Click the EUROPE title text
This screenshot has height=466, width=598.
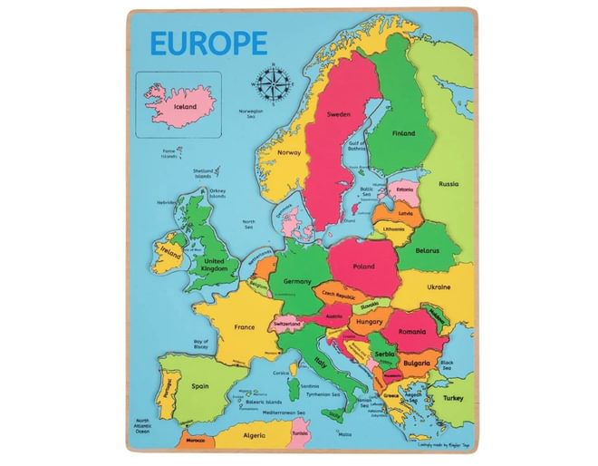click(207, 43)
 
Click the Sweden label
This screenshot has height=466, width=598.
click(338, 115)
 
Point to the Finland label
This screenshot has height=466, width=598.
click(403, 133)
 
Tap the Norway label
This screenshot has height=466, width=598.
click(289, 152)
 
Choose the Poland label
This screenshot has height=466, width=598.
click(362, 267)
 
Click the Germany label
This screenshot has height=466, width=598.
click(296, 281)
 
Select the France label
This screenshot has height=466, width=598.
click(245, 327)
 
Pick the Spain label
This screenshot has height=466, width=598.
click(200, 383)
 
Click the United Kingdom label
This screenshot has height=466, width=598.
click(214, 264)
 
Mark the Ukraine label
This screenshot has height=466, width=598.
click(438, 286)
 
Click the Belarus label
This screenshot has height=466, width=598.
click(425, 250)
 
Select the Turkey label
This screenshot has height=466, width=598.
click(453, 397)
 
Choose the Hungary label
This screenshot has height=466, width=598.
click(370, 321)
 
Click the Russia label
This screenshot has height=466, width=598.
click(448, 183)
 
